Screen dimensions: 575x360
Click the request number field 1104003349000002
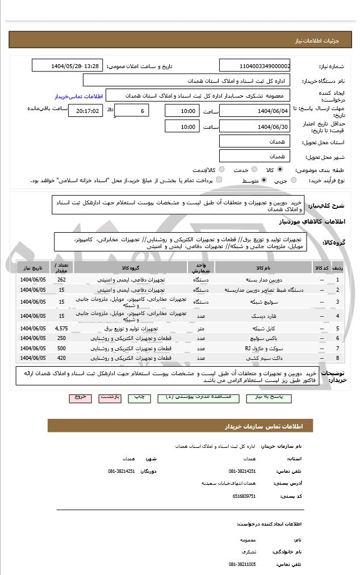point(255,66)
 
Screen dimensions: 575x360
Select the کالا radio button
point(280,169)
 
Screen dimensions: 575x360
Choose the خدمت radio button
point(253,169)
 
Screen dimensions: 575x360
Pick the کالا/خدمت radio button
point(221,169)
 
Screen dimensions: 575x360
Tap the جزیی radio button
point(294,181)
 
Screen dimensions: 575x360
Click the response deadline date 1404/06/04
point(255,111)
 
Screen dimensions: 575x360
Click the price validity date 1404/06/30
point(255,127)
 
